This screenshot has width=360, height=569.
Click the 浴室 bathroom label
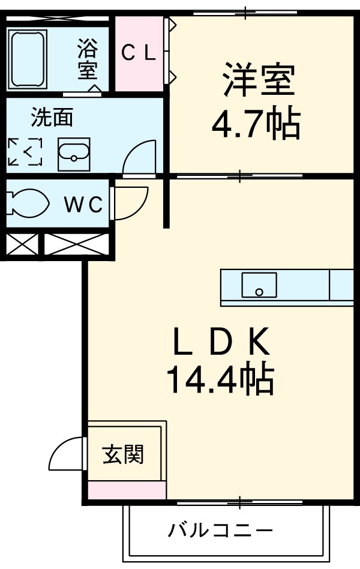pyautogui.click(x=88, y=59)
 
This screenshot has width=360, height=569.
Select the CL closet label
pyautogui.click(x=139, y=53)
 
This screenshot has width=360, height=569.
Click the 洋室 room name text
pyautogui.click(x=259, y=80)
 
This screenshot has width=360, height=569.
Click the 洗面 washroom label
pyautogui.click(x=52, y=118)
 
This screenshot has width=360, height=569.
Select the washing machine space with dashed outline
pyautogui.click(x=25, y=152)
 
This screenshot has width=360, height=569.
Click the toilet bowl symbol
pyautogui.click(x=26, y=204)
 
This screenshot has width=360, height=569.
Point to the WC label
pyautogui.click(x=84, y=205)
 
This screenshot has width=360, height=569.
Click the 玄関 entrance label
pyautogui.click(x=123, y=454)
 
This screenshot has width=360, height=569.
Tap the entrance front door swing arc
pyautogui.click(x=66, y=455)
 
